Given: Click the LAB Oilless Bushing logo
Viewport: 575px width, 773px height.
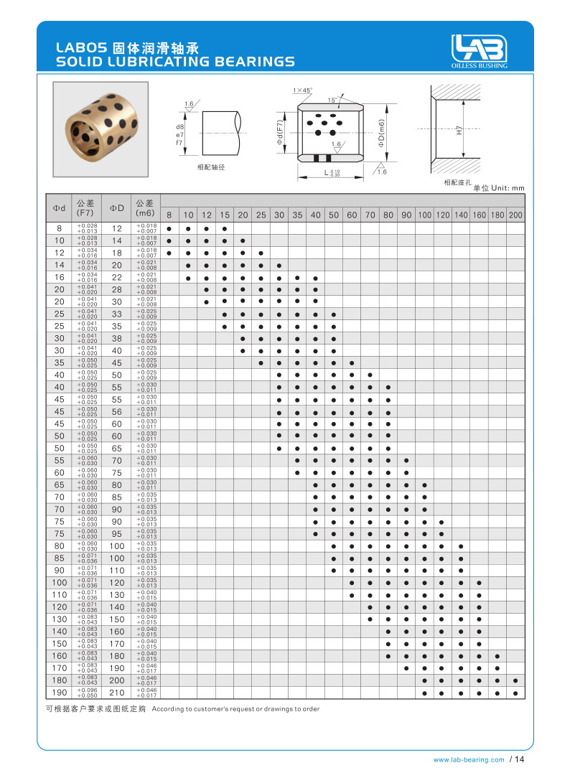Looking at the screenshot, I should click(479, 52).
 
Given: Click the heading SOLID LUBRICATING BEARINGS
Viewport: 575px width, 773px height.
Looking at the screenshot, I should click(175, 62).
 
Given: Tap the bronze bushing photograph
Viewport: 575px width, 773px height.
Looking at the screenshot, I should click(100, 128).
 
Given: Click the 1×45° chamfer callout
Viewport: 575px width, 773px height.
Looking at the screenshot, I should click(302, 90).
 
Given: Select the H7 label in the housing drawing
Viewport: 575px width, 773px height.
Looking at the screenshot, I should click(458, 131).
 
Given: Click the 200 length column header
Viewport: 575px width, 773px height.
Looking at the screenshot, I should click(515, 215).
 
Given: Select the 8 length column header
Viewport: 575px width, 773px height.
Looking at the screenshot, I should click(169, 215).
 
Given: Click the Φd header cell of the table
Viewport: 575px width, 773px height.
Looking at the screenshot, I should click(59, 208).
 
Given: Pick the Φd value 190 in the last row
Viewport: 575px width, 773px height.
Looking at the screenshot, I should click(59, 693).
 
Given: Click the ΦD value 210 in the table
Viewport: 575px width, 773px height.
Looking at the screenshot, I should click(117, 693).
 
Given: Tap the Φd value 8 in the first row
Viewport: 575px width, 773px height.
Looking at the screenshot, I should click(59, 228).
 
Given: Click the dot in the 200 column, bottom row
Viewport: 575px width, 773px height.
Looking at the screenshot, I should click(515, 693).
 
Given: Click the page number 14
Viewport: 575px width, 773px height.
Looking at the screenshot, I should click(520, 759).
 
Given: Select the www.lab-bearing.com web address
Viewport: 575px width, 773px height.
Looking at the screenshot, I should click(469, 759).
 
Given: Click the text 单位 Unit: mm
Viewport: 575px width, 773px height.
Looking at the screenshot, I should click(499, 187).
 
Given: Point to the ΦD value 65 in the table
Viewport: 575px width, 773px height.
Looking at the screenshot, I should click(117, 448).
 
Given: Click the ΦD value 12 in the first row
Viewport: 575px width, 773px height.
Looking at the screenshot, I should click(117, 228).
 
